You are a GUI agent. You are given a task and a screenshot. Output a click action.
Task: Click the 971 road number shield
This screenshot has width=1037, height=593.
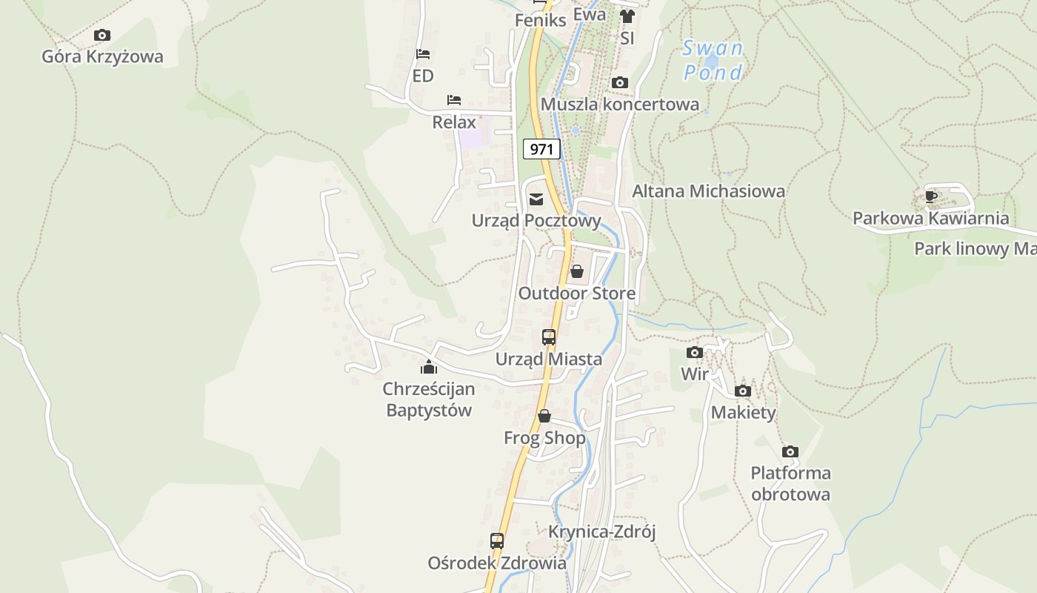pos(541,149)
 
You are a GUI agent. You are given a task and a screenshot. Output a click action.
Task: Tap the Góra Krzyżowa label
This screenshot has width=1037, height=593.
pos(102,56)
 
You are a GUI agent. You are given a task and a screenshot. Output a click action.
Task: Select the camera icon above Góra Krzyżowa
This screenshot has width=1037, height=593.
pos(102,35)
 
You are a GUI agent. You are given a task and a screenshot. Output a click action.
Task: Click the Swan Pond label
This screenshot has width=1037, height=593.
pos(713,61)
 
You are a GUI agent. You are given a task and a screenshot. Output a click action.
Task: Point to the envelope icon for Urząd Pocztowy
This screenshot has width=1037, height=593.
pos(536,199)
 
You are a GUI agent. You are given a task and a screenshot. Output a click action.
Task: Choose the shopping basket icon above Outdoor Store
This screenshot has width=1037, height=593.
pos(577,271)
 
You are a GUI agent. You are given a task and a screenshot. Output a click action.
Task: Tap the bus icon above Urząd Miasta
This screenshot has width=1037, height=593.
pos(549,337)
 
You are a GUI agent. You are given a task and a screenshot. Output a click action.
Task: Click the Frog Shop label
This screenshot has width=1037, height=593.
pos(544,438)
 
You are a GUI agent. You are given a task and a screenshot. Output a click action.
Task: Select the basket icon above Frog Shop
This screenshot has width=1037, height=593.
pos(544,416)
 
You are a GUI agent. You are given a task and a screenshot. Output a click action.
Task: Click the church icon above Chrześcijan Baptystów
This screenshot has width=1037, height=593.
pos(429,367)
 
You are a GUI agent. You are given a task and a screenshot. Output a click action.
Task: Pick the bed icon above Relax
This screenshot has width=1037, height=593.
pos(454,100)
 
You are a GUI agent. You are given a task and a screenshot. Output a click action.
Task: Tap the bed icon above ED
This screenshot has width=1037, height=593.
pos(423,54)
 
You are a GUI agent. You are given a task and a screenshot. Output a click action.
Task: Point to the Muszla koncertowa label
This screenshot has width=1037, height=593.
pos(620,104)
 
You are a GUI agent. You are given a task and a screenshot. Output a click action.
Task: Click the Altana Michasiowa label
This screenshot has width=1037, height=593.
pos(708,191)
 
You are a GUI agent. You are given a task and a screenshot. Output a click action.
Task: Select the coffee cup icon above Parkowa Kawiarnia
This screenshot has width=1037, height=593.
pos(931,196)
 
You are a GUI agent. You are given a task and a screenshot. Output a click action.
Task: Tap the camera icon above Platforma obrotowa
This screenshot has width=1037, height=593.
pos(790,451)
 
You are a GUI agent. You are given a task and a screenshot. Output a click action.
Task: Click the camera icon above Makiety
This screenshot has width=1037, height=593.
pos(743,391)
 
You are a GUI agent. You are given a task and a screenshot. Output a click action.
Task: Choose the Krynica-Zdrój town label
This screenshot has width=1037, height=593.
pos(602,531)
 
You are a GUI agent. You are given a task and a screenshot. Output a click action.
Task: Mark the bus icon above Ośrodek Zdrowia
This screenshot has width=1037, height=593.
pos(497,541)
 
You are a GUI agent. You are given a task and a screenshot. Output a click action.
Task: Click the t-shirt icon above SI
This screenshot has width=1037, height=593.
pos(627,16)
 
